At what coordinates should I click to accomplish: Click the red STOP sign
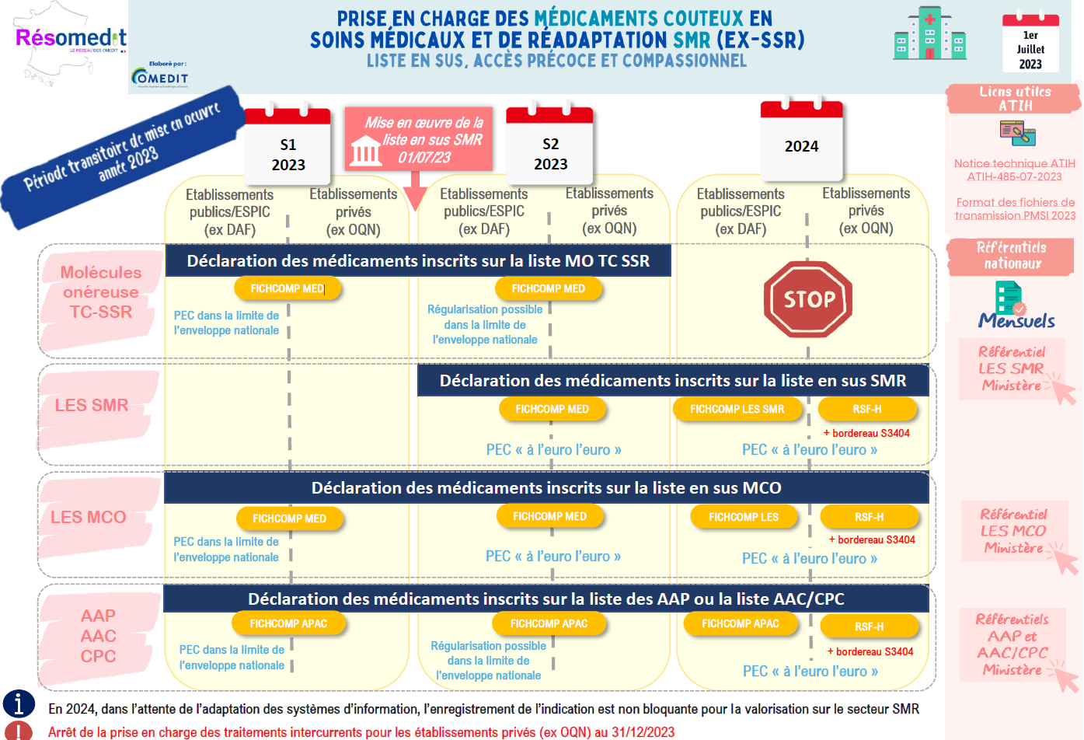click(x=808, y=299)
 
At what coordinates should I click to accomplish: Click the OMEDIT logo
click(x=159, y=76)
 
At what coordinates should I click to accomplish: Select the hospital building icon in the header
click(x=929, y=34)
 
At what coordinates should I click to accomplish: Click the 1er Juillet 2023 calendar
click(x=1030, y=43)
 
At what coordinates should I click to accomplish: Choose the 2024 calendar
click(x=801, y=141)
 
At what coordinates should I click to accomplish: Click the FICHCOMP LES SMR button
click(x=737, y=409)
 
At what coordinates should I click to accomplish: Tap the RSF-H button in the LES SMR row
click(x=867, y=409)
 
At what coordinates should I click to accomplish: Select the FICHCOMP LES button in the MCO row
click(x=744, y=517)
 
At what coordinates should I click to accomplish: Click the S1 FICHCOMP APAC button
click(x=288, y=623)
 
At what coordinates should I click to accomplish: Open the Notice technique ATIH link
click(x=1015, y=169)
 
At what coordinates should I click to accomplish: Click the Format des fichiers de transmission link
click(x=1015, y=208)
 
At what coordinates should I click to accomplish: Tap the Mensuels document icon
click(x=1009, y=298)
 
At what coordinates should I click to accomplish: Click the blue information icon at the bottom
click(x=19, y=703)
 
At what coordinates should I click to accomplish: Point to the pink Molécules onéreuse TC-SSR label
click(x=101, y=292)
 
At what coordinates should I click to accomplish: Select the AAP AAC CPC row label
click(x=99, y=636)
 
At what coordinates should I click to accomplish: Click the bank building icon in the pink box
click(x=366, y=150)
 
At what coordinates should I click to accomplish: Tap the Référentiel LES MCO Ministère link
click(x=1013, y=531)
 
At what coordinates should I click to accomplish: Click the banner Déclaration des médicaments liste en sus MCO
click(x=546, y=488)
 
